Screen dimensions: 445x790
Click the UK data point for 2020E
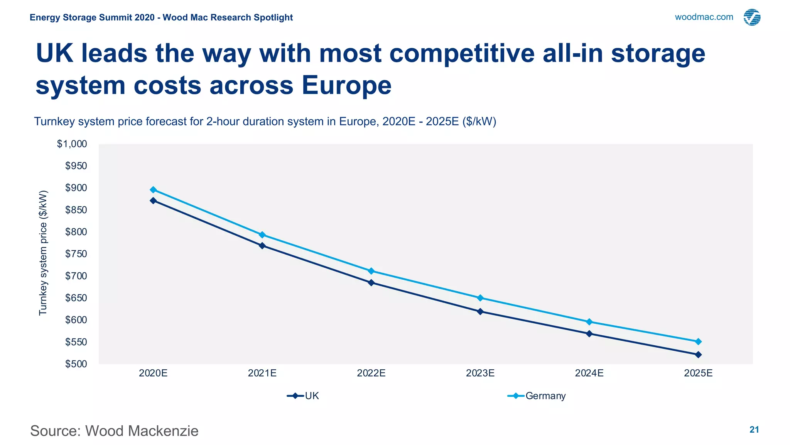[x=153, y=200]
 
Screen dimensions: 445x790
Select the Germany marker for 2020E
[x=153, y=190]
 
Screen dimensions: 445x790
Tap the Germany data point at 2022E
[x=371, y=271]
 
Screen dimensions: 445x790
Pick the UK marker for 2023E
[x=480, y=311]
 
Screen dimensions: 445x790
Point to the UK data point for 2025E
[x=698, y=355]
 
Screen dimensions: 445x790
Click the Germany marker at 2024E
[x=589, y=322]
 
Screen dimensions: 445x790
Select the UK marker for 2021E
[x=262, y=246]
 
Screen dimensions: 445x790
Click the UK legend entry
[x=303, y=396]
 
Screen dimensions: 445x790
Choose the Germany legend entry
[x=537, y=396]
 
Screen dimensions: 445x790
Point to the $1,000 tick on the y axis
[x=72, y=144]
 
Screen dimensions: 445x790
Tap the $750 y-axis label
[x=76, y=254]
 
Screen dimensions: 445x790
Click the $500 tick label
[x=76, y=364]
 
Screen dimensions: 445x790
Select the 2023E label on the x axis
[x=480, y=373]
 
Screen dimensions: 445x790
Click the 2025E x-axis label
[x=698, y=373]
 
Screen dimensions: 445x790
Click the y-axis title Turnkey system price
[x=43, y=253]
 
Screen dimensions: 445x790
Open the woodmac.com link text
[x=704, y=17]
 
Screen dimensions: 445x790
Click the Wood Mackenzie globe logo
[x=752, y=17]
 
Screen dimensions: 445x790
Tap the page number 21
[x=754, y=430]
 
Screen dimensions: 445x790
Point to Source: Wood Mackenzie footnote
[x=114, y=431]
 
